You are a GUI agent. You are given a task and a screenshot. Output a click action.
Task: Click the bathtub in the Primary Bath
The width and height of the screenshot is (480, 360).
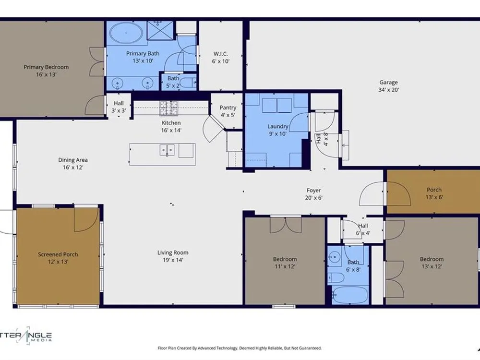click(126, 33)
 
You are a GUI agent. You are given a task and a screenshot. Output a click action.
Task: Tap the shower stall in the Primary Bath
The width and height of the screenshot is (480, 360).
click(160, 30)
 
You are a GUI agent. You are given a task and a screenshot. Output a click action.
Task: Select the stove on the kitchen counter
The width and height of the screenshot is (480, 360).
click(168, 108)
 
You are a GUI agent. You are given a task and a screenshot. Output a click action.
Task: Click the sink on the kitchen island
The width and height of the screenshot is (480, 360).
click(167, 150)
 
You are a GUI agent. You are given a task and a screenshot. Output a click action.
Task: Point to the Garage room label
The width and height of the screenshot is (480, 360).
click(388, 83)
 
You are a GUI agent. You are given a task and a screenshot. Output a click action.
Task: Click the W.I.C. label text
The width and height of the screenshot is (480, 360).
click(220, 54)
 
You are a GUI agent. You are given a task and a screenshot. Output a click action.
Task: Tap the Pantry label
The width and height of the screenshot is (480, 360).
click(228, 108)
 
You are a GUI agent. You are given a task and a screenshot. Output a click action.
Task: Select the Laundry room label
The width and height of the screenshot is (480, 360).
click(277, 126)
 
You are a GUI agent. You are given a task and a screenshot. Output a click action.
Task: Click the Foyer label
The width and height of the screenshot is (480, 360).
click(313, 191)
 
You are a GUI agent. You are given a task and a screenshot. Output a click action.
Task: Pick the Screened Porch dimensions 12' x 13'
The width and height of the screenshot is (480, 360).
click(58, 262)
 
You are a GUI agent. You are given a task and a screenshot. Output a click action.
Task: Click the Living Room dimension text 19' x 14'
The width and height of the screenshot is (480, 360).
click(173, 260)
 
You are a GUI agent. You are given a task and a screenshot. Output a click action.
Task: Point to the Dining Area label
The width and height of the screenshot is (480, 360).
click(73, 160)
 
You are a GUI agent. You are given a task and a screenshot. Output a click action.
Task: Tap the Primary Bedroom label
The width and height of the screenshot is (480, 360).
click(46, 67)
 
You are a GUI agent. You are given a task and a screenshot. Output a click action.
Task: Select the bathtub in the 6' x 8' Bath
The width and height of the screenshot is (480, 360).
click(350, 295)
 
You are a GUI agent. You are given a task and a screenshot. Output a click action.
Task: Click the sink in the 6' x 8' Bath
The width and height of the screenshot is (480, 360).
click(334, 256)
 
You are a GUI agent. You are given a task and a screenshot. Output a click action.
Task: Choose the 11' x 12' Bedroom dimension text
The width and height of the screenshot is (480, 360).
click(285, 266)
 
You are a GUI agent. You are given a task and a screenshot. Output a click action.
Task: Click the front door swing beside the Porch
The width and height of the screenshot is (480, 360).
click(372, 193)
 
